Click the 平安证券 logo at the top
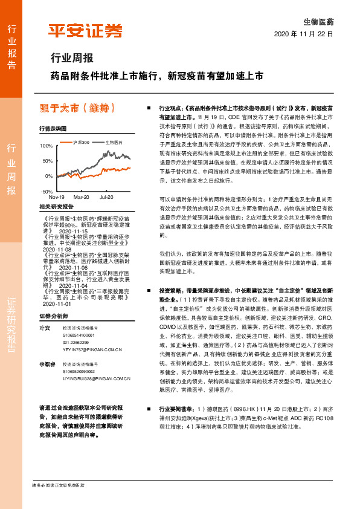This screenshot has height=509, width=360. (x=85, y=31)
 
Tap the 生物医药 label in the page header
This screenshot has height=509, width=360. (x=318, y=21)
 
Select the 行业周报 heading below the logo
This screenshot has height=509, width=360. (x=71, y=59)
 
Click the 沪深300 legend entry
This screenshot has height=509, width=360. (x=80, y=142)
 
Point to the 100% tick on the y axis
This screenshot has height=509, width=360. (x=46, y=146)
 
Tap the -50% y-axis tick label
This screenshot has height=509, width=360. (x=46, y=191)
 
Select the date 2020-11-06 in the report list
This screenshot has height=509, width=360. (x=74, y=267)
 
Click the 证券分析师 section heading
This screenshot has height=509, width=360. (x=54, y=316)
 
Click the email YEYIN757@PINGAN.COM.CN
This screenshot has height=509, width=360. (x=88, y=349)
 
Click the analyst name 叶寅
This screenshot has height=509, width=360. (x=43, y=327)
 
